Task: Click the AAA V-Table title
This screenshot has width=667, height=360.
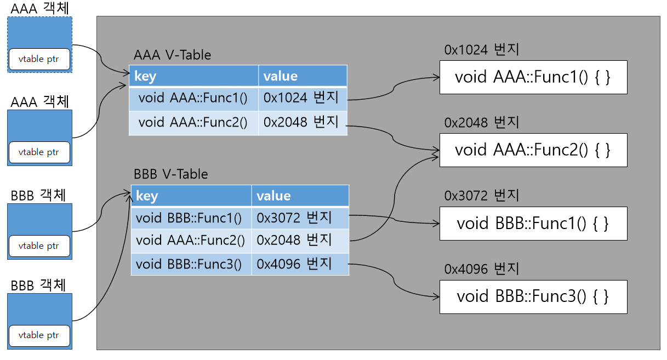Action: pyautogui.click(x=172, y=55)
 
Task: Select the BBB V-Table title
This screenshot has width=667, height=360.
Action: pyautogui.click(x=171, y=174)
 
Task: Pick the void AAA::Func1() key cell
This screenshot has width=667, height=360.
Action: pyautogui.click(x=193, y=99)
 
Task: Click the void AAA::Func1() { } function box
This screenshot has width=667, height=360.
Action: pyautogui.click(x=533, y=77)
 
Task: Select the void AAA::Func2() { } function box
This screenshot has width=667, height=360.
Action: pyautogui.click(x=533, y=150)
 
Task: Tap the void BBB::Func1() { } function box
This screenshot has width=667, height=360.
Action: pyautogui.click(x=533, y=223)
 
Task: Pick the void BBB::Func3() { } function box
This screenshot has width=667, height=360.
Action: pyautogui.click(x=533, y=296)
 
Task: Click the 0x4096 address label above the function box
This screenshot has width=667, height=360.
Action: pyautogui.click(x=482, y=269)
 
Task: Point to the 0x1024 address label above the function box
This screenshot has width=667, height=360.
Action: pyautogui.click(x=482, y=49)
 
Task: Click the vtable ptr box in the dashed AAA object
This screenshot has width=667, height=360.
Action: pyautogui.click(x=39, y=59)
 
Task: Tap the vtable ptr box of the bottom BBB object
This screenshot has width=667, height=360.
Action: pyautogui.click(x=39, y=335)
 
